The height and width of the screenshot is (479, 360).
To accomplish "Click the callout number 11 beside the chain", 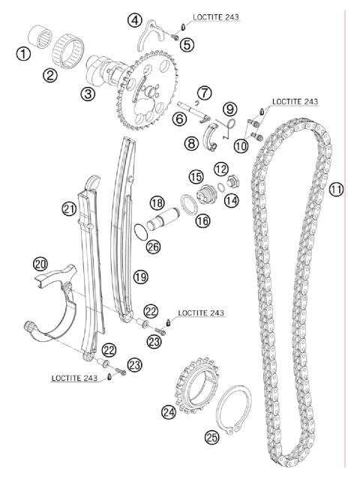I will [x=335, y=190].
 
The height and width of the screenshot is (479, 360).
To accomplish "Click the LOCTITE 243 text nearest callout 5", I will [x=217, y=16].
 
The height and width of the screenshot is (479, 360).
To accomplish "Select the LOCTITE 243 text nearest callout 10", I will [x=295, y=100].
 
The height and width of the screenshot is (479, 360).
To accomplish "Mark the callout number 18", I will [x=156, y=202].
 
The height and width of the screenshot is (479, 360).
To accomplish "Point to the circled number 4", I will [x=134, y=19].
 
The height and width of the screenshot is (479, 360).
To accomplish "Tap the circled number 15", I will [x=196, y=176].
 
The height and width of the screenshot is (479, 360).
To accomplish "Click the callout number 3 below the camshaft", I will [x=88, y=94].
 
